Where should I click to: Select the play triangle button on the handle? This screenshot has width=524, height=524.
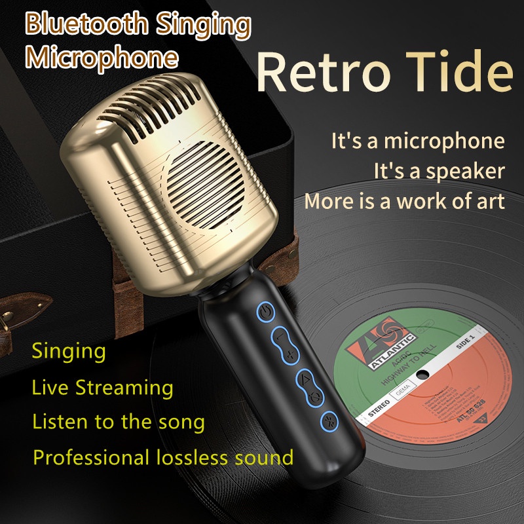[306, 379]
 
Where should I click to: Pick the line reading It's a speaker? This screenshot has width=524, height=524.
[440, 171]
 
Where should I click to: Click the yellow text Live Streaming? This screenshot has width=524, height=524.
[102, 387]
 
